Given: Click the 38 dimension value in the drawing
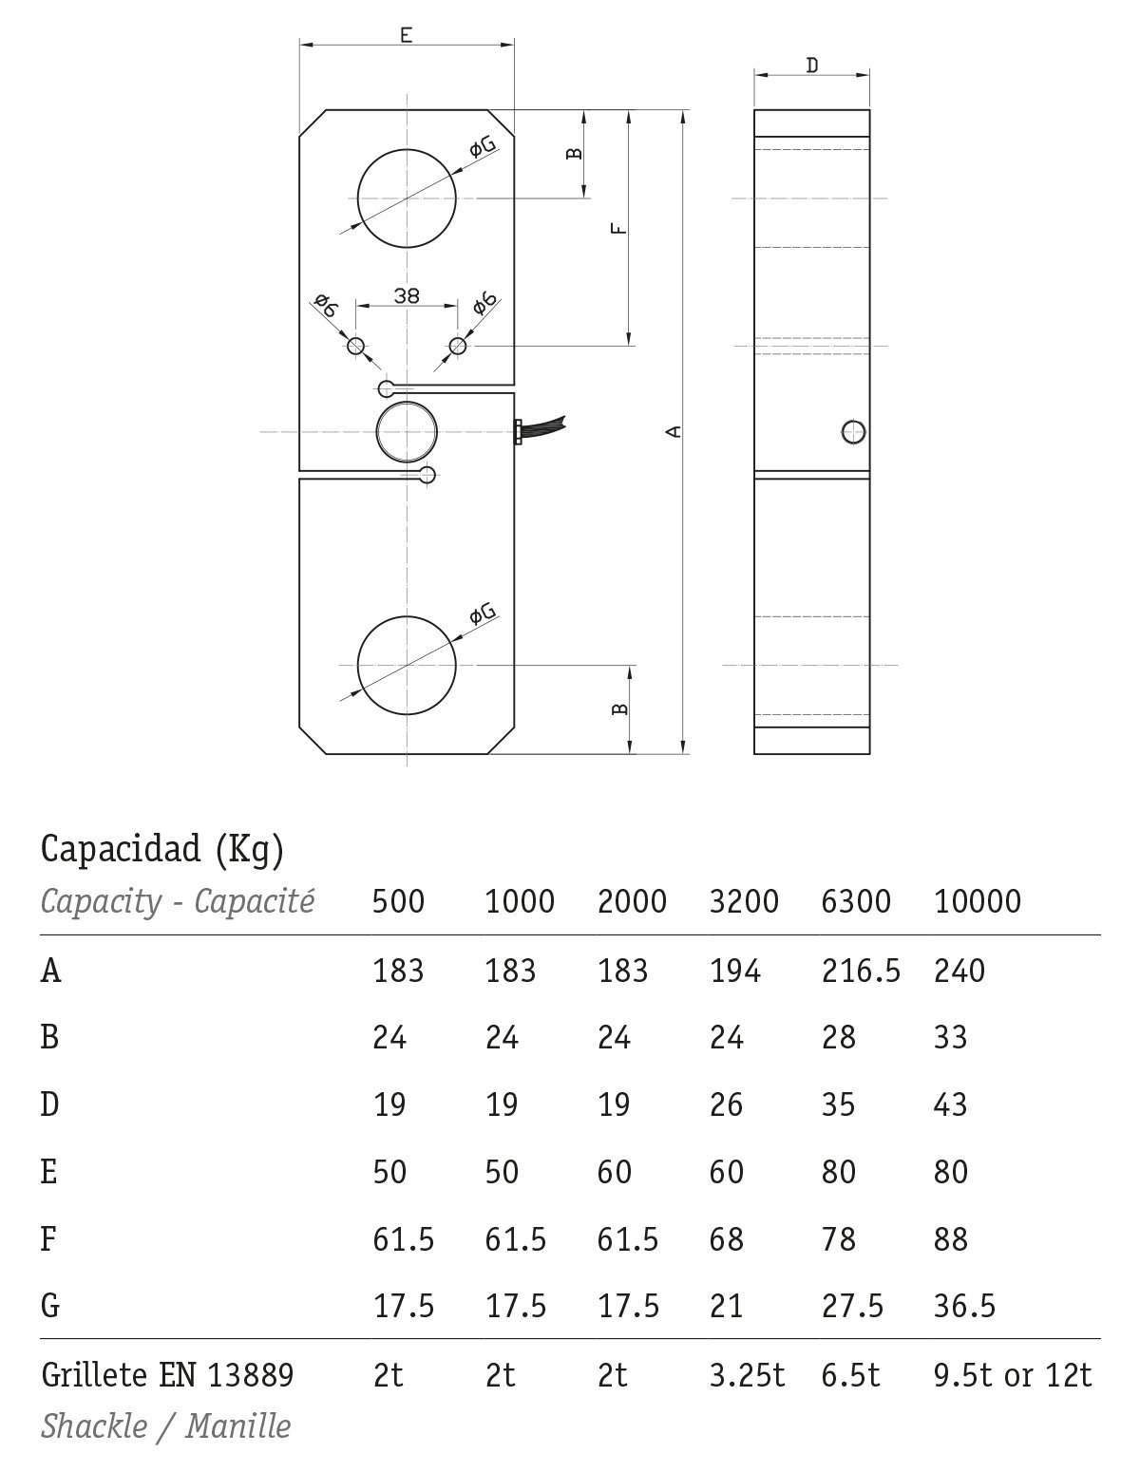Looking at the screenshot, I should pos(407,294).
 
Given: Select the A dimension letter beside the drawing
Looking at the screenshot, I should pos(674,432).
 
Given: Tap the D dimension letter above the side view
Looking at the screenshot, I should pos(811,66).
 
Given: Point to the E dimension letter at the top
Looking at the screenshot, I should pos(406,36).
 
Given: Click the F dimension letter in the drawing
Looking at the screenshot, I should pos(618,229).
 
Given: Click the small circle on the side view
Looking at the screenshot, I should pos(854,432).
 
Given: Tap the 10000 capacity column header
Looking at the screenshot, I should pos(978,901).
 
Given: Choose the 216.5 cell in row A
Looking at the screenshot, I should pos(861,971).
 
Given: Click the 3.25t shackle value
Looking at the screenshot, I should pos(747,1374).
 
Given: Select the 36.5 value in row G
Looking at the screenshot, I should pos(964,1306).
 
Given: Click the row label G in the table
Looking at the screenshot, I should pos(50,1306).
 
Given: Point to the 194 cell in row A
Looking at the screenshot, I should pos(734,971).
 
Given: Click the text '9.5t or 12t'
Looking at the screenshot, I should pos(1013,1374).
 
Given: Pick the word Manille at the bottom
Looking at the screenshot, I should pos(238,1425).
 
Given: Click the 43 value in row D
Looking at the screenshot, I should pos(950,1104).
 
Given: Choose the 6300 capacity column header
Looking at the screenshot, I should pos(856,901).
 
